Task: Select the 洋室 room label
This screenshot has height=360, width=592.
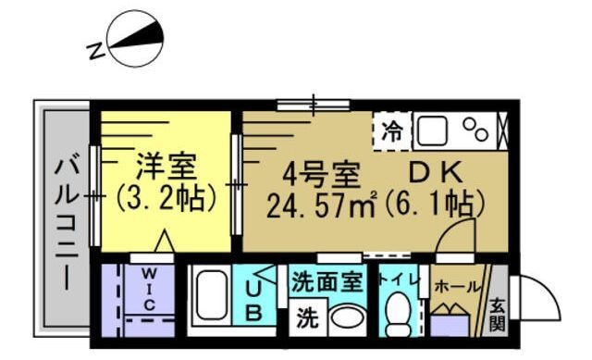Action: click(167, 168)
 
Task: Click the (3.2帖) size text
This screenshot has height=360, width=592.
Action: click(166, 198)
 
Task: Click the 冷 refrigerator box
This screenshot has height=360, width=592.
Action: click(392, 130)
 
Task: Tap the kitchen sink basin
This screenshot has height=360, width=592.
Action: click(432, 131)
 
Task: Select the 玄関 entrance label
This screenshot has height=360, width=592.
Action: click(498, 313)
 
